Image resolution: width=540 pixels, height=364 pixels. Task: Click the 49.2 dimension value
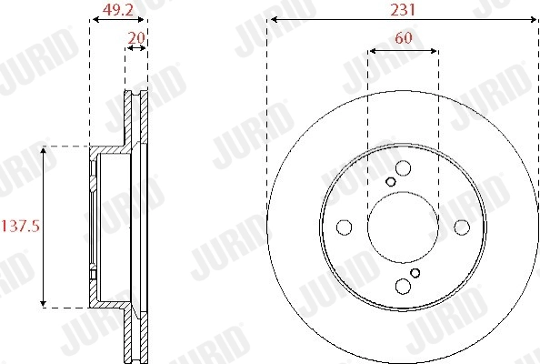tap(118, 10)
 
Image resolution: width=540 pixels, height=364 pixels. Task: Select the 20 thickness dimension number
tap(136, 37)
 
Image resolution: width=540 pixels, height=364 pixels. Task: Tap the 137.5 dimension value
tap(21, 227)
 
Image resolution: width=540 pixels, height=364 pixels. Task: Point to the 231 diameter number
tap(403, 10)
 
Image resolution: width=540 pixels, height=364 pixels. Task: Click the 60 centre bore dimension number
tap(404, 37)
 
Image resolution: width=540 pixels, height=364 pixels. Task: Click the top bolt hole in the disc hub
tap(403, 168)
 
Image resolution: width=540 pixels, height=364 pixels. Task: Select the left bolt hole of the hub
tap(344, 227)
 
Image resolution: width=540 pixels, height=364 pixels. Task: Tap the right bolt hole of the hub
tap(462, 227)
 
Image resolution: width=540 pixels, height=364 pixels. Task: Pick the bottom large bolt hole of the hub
tap(403, 286)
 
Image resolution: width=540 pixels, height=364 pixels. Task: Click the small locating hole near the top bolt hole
tap(391, 182)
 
